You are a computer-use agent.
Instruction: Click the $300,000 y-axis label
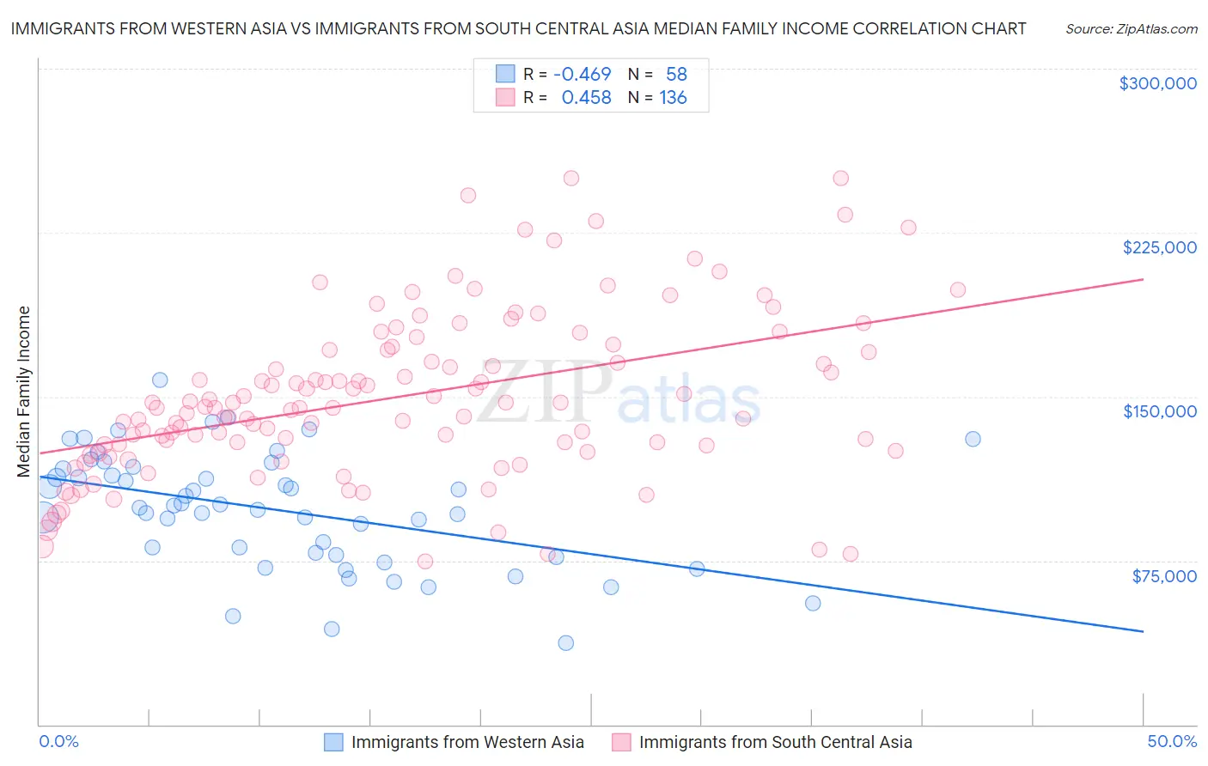coord(1157,83)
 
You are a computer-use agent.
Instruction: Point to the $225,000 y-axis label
coord(1159,247)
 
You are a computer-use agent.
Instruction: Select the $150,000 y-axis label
coord(1159,411)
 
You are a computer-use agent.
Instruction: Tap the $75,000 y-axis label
coord(1163,576)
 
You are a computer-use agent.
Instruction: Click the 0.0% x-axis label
coord(58,742)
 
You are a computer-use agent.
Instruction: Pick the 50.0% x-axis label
coord(1172,742)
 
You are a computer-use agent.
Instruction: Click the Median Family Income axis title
coord(23,391)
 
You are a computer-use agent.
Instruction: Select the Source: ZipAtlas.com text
coord(1131,29)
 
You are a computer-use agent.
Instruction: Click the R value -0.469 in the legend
coord(582,74)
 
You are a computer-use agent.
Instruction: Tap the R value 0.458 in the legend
coord(586,98)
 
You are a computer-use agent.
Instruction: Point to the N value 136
coord(673,98)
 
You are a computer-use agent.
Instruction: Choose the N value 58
coord(676,74)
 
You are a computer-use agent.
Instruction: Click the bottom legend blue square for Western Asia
coord(333,742)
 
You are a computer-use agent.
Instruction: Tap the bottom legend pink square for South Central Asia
coord(621,742)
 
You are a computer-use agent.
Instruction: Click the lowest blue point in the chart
coord(565,643)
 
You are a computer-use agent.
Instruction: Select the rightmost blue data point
coord(973,439)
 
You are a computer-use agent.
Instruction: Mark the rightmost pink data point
coord(957,290)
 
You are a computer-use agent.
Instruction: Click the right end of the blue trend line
coord(1143,631)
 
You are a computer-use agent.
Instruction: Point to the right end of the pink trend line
coord(1143,279)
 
